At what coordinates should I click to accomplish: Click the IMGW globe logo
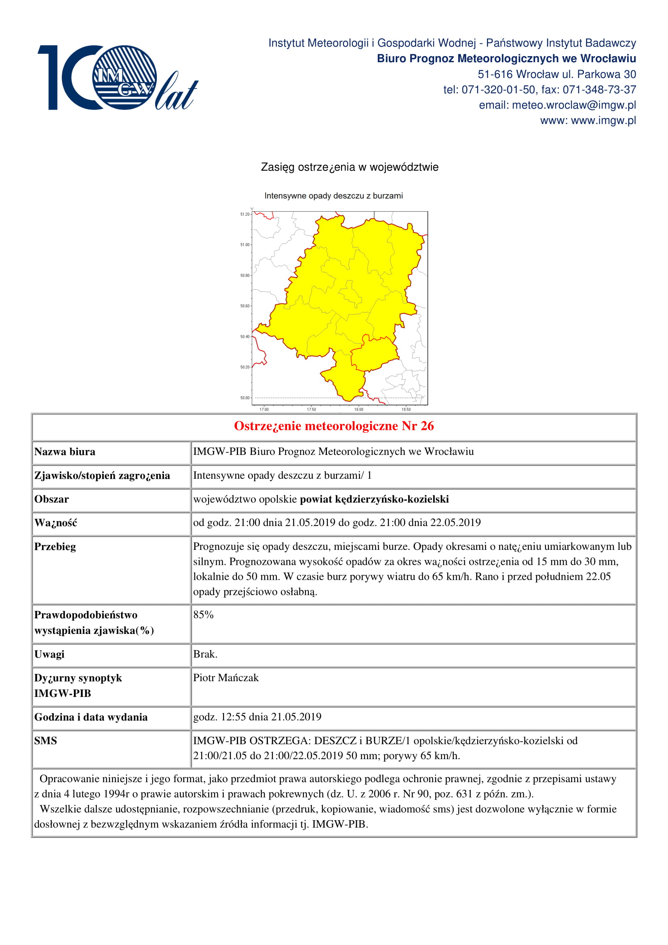click(x=124, y=77)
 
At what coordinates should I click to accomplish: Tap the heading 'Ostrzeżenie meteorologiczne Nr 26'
click(x=334, y=425)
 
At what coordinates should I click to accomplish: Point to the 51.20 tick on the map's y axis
click(x=245, y=214)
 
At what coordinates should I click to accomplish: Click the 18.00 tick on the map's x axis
click(x=358, y=409)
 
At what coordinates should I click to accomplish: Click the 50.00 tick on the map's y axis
click(x=245, y=398)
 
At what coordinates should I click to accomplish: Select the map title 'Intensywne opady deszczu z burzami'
click(x=333, y=196)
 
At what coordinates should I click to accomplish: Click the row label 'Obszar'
click(x=51, y=499)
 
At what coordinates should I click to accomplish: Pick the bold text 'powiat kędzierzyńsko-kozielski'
click(x=374, y=499)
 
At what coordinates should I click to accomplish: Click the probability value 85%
click(x=203, y=615)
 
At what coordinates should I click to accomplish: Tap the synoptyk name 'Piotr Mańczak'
click(x=226, y=678)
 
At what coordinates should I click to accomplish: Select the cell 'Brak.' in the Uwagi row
click(x=205, y=654)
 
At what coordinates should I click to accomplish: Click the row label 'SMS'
click(x=45, y=741)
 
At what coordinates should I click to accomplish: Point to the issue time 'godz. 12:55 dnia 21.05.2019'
click(x=257, y=717)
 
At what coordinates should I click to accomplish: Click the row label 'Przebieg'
click(x=55, y=547)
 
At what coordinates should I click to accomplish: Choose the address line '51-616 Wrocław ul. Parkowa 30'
click(x=556, y=74)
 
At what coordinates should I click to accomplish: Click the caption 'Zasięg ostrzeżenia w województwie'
click(x=350, y=167)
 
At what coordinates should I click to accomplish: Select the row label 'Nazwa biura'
click(x=65, y=452)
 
